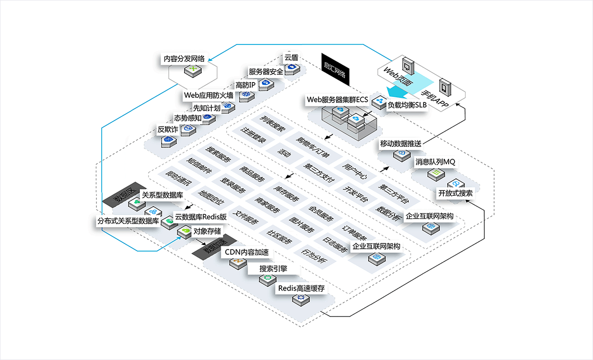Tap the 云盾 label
point(291,57)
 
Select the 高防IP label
point(245,85)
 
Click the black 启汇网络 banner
point(335,68)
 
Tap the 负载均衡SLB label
point(407,105)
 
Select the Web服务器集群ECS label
point(338,99)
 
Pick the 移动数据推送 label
point(400,144)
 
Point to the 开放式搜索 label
point(455,193)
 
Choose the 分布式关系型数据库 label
point(127,221)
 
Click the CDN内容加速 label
point(247,252)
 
